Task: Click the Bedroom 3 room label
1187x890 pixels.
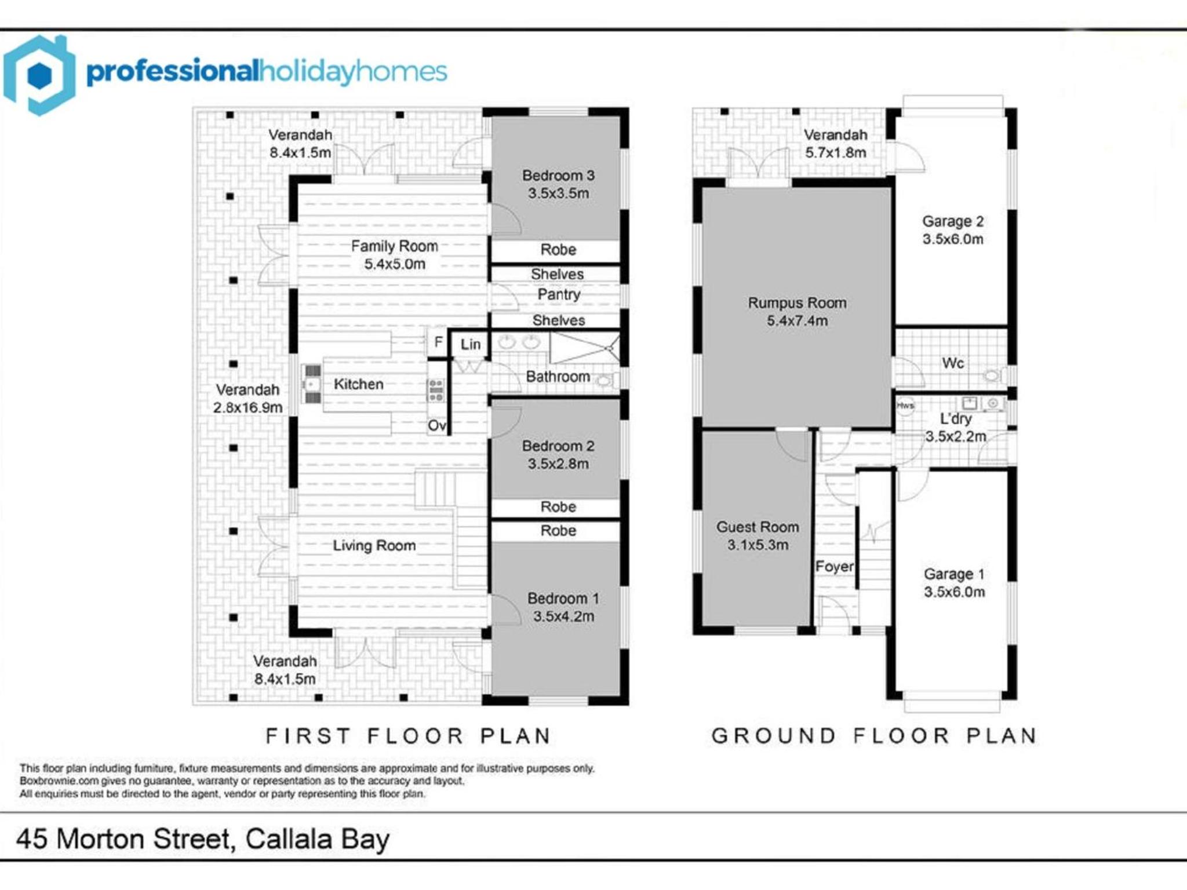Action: (x=558, y=175)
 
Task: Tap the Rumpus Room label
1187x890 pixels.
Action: (x=797, y=302)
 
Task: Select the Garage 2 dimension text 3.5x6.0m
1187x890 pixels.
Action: (x=953, y=239)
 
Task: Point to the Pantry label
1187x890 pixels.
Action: (x=559, y=294)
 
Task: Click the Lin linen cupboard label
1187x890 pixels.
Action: (x=471, y=344)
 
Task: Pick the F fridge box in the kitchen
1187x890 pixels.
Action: (x=438, y=342)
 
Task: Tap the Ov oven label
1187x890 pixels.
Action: (x=436, y=426)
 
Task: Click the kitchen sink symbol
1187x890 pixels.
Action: (x=312, y=384)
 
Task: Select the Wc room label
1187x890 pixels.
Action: (x=953, y=363)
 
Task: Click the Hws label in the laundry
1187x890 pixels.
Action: (x=905, y=406)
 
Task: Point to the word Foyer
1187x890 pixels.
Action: (x=835, y=566)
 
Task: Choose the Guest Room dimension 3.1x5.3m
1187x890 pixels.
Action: (x=758, y=545)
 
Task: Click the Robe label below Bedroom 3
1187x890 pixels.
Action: (x=558, y=250)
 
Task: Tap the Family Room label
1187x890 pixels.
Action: (x=394, y=246)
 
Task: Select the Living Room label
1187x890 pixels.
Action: (x=374, y=545)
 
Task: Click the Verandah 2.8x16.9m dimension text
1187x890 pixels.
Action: (x=247, y=407)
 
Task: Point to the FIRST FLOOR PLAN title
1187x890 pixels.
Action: (x=408, y=736)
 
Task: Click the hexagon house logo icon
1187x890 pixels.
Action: (x=39, y=75)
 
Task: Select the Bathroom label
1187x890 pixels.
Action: (x=558, y=377)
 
